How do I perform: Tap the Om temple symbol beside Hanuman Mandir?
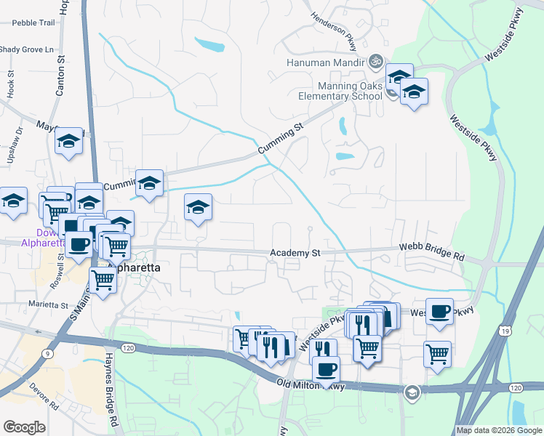pos(376,62)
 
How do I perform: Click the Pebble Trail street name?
pos(33,23)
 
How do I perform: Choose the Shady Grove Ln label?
pos(27,49)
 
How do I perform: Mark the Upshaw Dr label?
pos(20,136)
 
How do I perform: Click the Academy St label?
pos(295,253)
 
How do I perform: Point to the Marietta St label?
pos(47,304)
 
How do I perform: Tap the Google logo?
pos(24,427)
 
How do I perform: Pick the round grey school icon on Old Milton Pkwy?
pos(412,392)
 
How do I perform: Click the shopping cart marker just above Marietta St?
pos(103,278)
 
